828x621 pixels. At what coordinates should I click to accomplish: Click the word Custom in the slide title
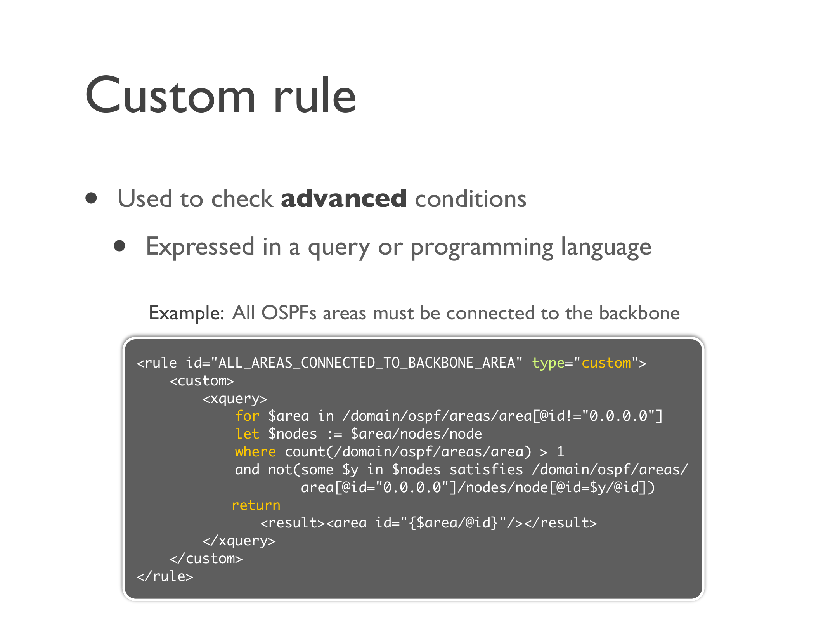coord(171,95)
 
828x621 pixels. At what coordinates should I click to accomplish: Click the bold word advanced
coord(344,198)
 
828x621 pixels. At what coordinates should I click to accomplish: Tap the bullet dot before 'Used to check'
coord(91,198)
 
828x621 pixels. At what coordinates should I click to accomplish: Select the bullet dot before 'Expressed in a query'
coord(120,246)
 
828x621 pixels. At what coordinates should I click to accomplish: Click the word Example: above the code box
coord(187,313)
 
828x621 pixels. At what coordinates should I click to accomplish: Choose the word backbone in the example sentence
coord(639,313)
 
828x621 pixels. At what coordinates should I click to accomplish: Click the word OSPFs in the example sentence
coord(289,313)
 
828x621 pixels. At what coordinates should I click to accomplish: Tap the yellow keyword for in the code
coord(247,416)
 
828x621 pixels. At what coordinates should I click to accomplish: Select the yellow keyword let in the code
coord(247,434)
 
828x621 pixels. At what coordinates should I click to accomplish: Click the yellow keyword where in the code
coord(255,451)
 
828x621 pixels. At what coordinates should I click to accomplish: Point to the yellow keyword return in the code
coord(256,505)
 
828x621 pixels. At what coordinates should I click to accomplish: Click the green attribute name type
coord(548,363)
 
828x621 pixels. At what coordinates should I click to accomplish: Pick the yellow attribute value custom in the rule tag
coord(606,363)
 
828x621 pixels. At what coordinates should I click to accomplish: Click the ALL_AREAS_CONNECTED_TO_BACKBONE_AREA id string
coord(367,363)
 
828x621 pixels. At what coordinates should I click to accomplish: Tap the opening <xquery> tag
coord(235,399)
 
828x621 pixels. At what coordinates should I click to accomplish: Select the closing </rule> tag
coord(165,576)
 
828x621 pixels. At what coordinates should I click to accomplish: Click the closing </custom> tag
coord(206,559)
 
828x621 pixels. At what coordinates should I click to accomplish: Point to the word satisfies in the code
coord(486,469)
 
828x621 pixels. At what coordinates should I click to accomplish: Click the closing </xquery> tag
coord(239,541)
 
